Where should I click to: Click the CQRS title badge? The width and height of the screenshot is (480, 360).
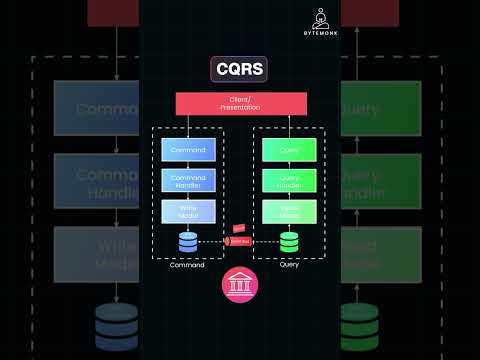coord(239,67)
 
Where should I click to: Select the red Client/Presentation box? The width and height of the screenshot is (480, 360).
coord(239,103)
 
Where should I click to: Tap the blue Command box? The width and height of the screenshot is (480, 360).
coord(188,150)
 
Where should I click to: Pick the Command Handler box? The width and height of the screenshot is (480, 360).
coord(188,181)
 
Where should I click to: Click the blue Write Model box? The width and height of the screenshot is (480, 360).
coord(188,212)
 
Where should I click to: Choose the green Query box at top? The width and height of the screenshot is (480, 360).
coord(290,150)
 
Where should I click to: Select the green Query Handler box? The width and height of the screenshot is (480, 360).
coord(290,181)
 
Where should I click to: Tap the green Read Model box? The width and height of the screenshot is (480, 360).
coord(290,212)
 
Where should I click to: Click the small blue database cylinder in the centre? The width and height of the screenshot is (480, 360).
coord(188,242)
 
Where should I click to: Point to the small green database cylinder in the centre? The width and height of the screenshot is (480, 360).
coord(289,242)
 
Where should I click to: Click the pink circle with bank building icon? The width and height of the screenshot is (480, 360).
coord(239,285)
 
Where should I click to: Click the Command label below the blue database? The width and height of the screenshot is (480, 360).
coord(188,265)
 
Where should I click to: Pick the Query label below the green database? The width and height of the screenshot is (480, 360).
coord(289,265)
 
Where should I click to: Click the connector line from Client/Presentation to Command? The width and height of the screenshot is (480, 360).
coord(188,125)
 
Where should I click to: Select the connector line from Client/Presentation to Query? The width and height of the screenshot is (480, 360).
coord(290,125)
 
